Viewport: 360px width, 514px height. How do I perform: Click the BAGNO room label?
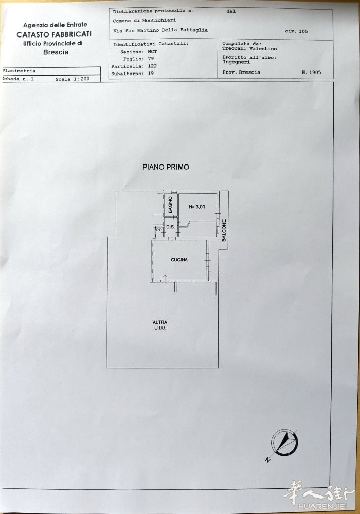click(170, 205)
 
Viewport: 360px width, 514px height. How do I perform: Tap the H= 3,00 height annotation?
click(197, 207)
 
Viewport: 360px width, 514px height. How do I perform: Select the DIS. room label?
click(170, 227)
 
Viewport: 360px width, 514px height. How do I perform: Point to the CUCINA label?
click(179, 260)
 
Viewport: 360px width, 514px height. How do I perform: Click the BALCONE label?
click(224, 230)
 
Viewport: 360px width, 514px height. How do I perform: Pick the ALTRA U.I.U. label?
click(160, 325)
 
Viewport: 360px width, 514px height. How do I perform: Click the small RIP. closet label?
click(159, 230)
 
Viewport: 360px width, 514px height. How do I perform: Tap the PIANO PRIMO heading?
click(166, 167)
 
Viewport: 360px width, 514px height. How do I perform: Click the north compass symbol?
click(284, 443)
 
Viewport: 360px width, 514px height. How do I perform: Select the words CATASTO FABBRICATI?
click(54, 34)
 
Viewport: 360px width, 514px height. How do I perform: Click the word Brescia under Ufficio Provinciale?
click(56, 52)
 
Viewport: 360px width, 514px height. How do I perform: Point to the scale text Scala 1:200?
click(73, 79)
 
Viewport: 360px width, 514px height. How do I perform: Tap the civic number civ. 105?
click(296, 31)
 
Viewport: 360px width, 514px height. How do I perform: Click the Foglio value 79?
click(151, 59)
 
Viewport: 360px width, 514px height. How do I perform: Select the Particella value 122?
click(152, 66)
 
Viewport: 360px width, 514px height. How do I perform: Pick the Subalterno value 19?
click(151, 73)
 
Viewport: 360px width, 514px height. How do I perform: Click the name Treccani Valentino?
click(249, 48)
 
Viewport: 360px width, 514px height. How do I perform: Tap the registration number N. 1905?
click(312, 72)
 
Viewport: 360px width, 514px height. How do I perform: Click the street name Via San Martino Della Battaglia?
click(160, 30)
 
